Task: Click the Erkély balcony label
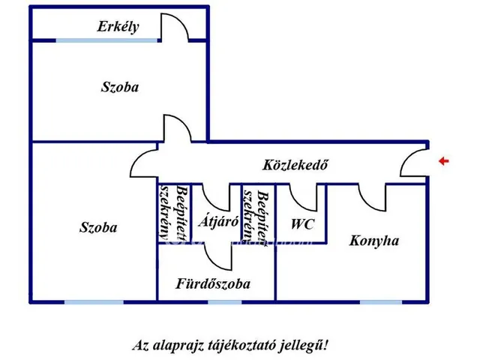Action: pos(118,27)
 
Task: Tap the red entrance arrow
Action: pos(443,160)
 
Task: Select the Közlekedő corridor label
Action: pos(295,165)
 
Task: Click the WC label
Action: pos(302,224)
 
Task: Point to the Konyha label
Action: pos(374,241)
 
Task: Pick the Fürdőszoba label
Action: pos(213,283)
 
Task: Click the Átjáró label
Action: pos(218,221)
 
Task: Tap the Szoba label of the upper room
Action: pos(120,87)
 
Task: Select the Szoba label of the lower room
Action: pos(98,227)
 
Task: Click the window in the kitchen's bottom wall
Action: pos(381,302)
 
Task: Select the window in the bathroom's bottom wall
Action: pos(225,302)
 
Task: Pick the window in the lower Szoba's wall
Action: pos(94,302)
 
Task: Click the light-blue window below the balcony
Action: pos(106,40)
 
